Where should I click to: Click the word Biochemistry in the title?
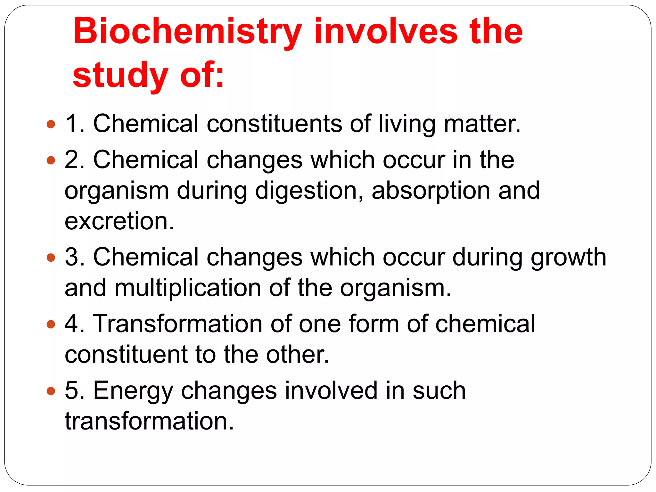pos(187,32)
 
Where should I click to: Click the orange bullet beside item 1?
pos(51,124)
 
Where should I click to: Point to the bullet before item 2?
pos(51,160)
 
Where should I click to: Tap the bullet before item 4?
pos(51,324)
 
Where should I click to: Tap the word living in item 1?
pos(407,124)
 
